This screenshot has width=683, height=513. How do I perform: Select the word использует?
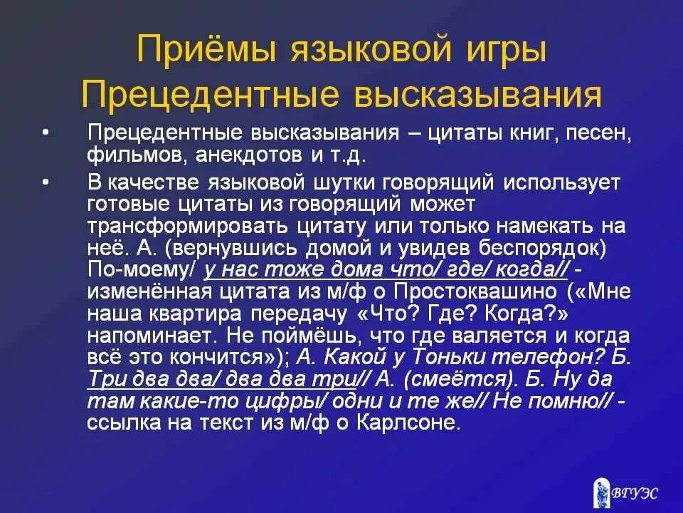(563, 182)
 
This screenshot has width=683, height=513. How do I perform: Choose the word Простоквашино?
(498, 293)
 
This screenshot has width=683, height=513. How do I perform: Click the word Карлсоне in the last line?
(412, 423)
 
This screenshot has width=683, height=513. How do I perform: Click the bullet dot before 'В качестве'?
(47, 182)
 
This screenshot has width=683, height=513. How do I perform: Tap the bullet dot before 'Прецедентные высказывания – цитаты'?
(47, 133)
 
